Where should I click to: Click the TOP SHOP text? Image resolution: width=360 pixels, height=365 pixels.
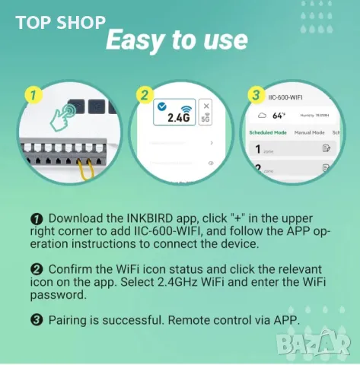coord(60,22)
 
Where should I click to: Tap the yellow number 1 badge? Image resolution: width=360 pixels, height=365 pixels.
coord(31,96)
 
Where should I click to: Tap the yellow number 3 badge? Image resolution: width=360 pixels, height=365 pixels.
coord(256,97)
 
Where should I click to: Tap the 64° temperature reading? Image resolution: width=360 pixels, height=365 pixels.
coord(278,115)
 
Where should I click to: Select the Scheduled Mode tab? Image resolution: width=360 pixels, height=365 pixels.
coord(268,132)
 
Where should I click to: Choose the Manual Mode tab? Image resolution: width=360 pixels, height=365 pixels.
coord(308,132)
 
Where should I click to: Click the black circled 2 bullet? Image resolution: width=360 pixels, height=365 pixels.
coord(37,270)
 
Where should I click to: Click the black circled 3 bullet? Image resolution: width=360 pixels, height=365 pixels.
coord(37,320)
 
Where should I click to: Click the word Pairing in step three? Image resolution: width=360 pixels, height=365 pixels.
coord(69,320)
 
